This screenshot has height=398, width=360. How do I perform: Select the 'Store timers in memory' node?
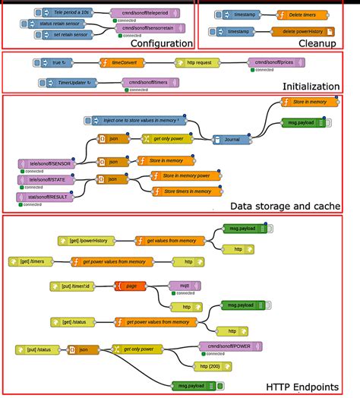(x=188, y=191)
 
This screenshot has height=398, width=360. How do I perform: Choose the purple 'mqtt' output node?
(x=185, y=286)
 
